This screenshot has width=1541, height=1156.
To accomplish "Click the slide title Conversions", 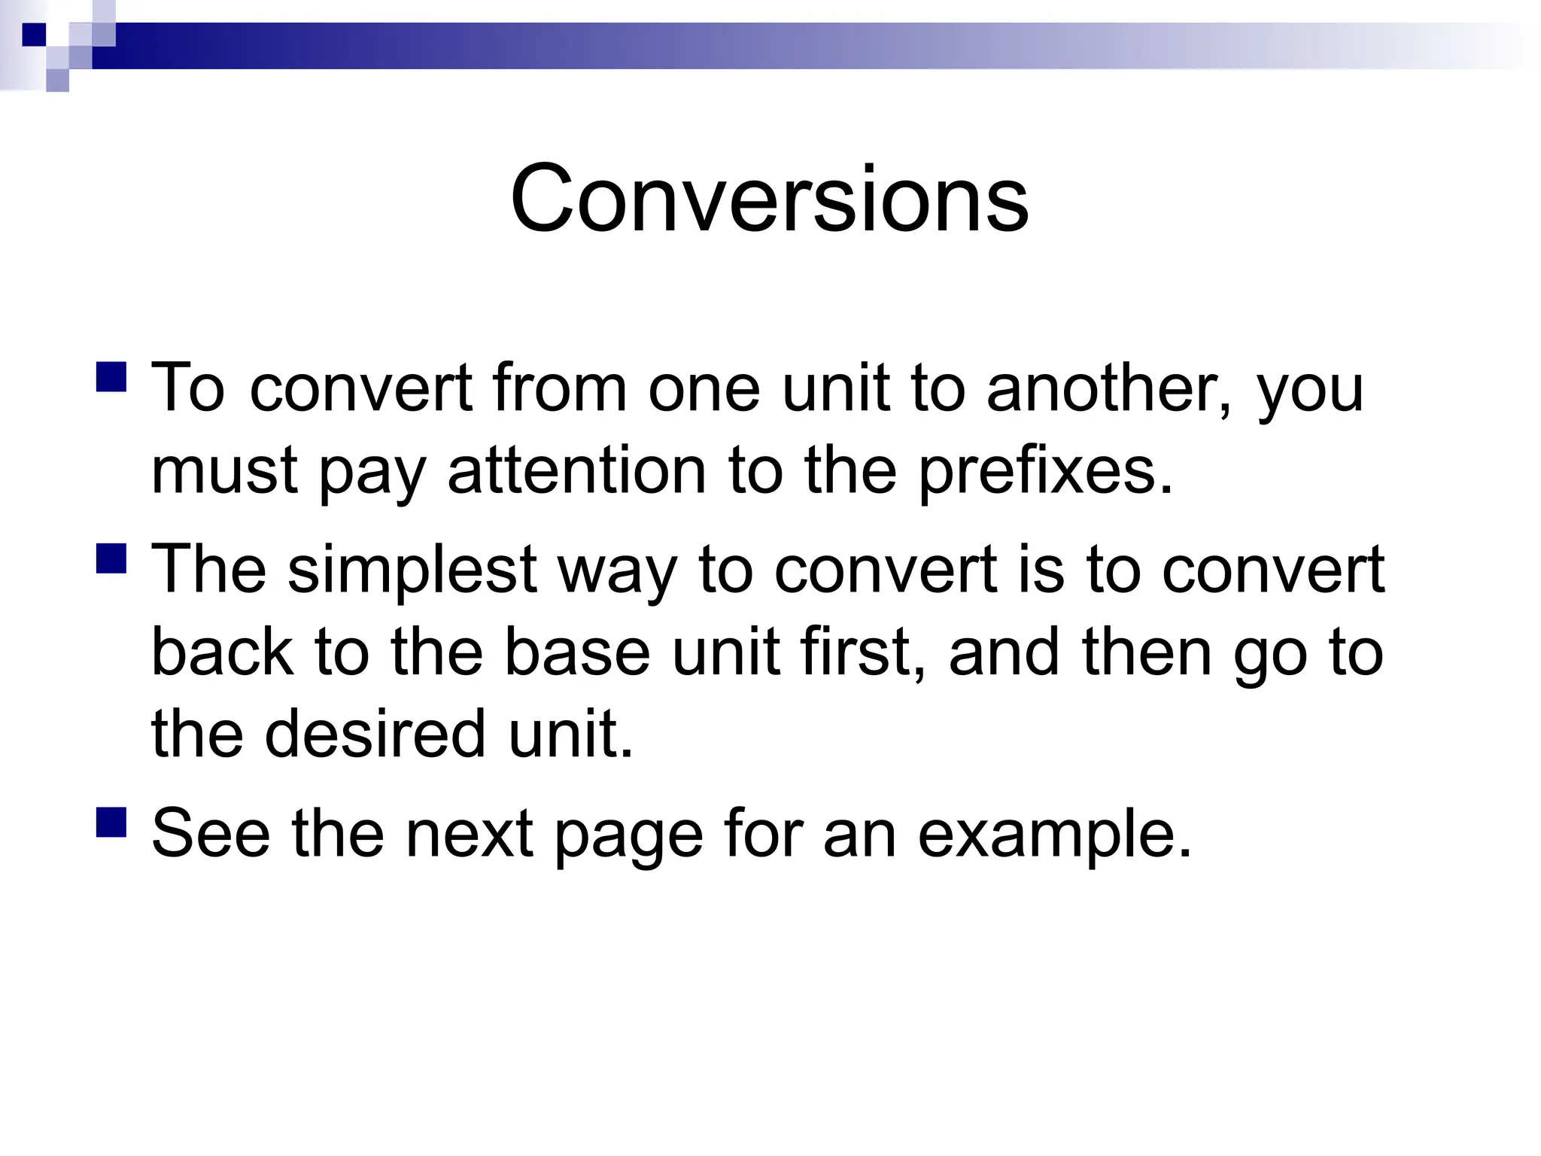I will click(769, 199).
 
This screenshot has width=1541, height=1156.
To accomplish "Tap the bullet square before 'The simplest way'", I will click(112, 558).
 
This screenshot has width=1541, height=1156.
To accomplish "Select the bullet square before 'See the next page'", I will click(112, 822).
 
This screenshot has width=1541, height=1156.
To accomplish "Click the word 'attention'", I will click(577, 472).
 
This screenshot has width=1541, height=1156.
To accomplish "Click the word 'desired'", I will click(375, 734).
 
